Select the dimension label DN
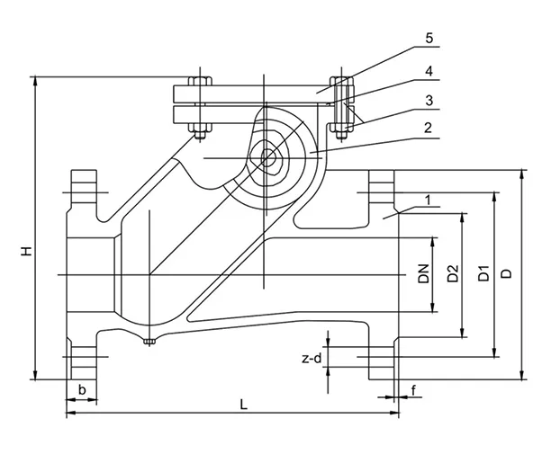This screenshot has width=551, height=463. tap(424, 274)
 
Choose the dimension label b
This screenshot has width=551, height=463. tap(82, 389)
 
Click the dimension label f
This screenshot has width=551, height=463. tap(413, 389)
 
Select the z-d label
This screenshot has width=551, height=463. tap(311, 359)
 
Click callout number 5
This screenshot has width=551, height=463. tap(429, 39)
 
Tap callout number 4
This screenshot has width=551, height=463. tap(429, 68)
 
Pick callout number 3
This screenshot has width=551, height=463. tap(429, 98)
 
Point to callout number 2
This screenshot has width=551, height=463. tap(429, 128)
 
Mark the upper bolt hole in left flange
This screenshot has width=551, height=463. tap(82, 190)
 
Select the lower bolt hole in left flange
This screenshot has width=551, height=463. tap(82, 359)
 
